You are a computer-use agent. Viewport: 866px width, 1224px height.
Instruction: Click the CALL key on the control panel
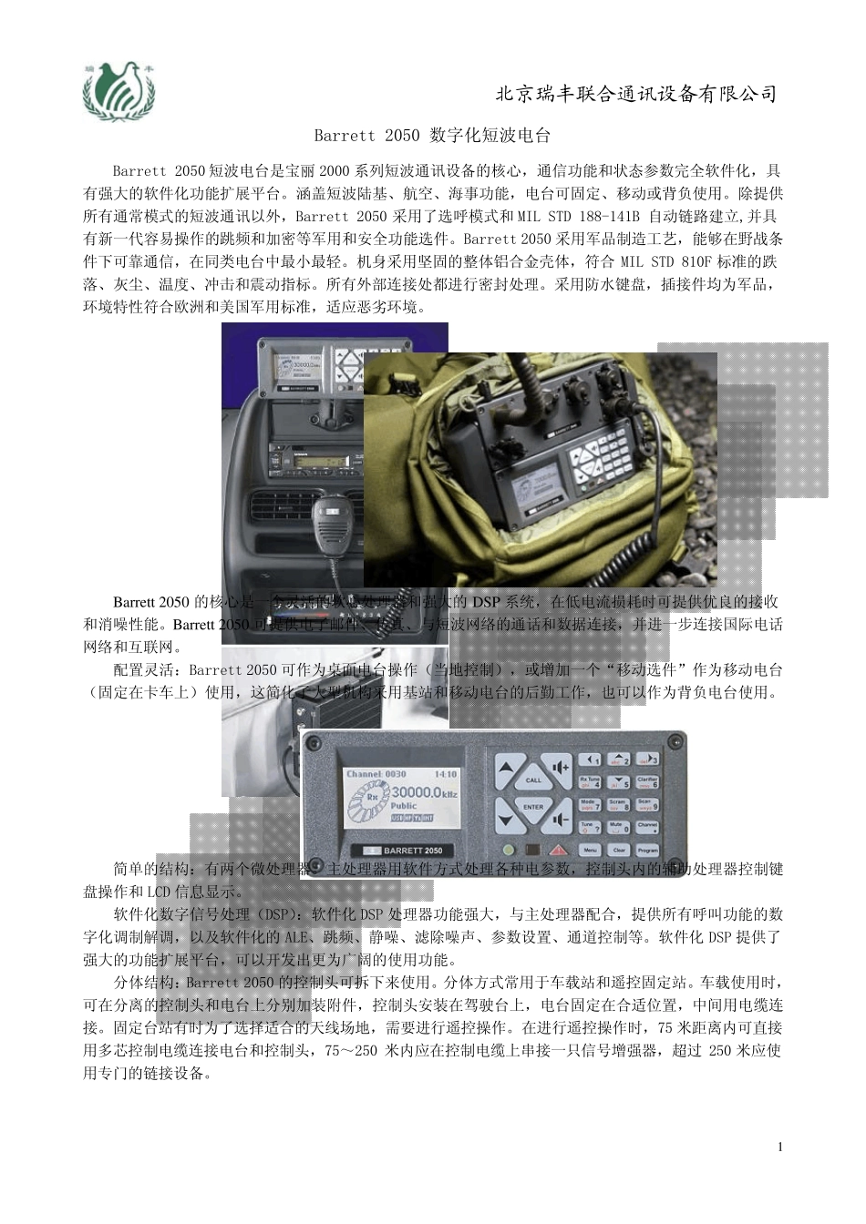pyautogui.click(x=533, y=779)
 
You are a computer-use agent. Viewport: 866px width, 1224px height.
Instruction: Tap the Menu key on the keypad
pyautogui.click(x=590, y=850)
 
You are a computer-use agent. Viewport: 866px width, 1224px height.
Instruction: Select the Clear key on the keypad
pyautogui.click(x=619, y=850)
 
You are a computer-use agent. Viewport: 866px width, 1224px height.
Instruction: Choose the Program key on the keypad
pyautogui.click(x=647, y=850)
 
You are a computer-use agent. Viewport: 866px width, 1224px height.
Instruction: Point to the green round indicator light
pyautogui.click(x=508, y=850)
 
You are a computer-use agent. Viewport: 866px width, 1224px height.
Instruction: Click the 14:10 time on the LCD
pyautogui.click(x=446, y=775)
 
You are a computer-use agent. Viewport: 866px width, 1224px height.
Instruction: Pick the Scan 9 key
pyautogui.click(x=647, y=804)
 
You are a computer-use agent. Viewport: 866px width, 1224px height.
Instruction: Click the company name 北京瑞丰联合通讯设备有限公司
pyautogui.click(x=635, y=94)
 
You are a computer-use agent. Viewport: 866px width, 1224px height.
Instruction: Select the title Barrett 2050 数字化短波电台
pyautogui.click(x=432, y=136)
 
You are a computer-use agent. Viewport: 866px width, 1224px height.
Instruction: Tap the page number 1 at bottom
pyautogui.click(x=780, y=1147)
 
